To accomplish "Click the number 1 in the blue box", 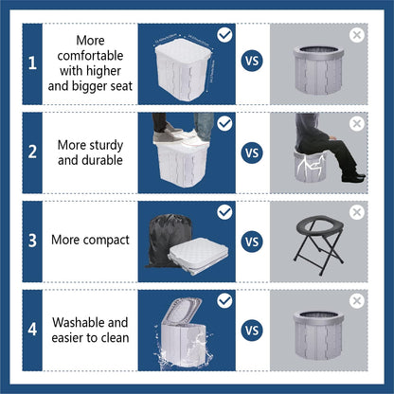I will (x=32, y=63).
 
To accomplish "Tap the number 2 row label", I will (x=32, y=152).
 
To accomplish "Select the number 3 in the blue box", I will (x=32, y=241).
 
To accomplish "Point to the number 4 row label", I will (x=32, y=331).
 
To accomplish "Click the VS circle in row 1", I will (x=252, y=63).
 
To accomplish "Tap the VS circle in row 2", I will (x=252, y=152).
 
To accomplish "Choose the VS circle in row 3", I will (x=252, y=241).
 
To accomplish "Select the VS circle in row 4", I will (x=252, y=331).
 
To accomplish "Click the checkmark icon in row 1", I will (x=224, y=35).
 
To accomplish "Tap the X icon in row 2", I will (x=356, y=124).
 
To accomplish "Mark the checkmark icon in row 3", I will (x=224, y=212).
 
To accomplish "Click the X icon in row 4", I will (x=356, y=301).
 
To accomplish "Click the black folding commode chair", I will (x=320, y=242).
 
